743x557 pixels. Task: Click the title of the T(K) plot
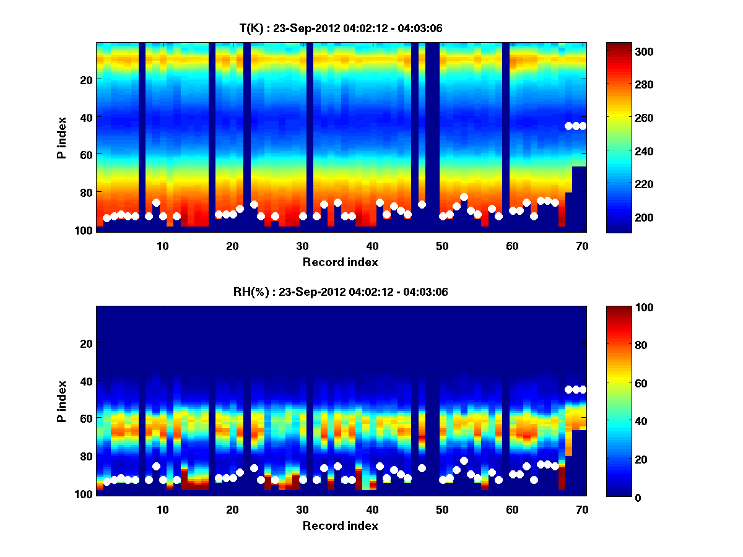(x=341, y=28)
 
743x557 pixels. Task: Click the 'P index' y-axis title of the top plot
(x=62, y=136)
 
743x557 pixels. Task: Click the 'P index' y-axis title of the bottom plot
(x=62, y=400)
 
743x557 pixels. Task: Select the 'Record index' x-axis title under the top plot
(x=340, y=262)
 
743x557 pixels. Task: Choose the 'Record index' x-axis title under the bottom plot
(x=340, y=525)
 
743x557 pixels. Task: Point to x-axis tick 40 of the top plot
(x=372, y=245)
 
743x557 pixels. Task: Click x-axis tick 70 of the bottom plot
(x=582, y=509)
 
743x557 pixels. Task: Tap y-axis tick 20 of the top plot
(x=85, y=80)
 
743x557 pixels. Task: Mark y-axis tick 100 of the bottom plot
(x=83, y=494)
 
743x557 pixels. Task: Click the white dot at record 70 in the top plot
(x=582, y=126)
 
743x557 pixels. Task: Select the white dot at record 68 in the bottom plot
(x=568, y=389)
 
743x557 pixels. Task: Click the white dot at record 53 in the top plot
(x=464, y=197)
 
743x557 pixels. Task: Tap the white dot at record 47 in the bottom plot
(x=422, y=468)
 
